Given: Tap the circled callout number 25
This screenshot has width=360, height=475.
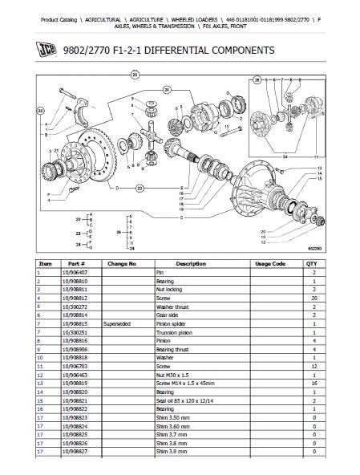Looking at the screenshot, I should (136, 74).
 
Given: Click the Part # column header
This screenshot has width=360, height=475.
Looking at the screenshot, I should (76, 263).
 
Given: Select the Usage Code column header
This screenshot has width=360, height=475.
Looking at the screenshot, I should (269, 263).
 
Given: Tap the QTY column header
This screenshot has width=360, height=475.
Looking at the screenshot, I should (311, 263).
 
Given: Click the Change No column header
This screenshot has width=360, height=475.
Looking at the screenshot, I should (122, 263).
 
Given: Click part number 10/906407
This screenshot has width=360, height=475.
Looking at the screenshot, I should (77, 272).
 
